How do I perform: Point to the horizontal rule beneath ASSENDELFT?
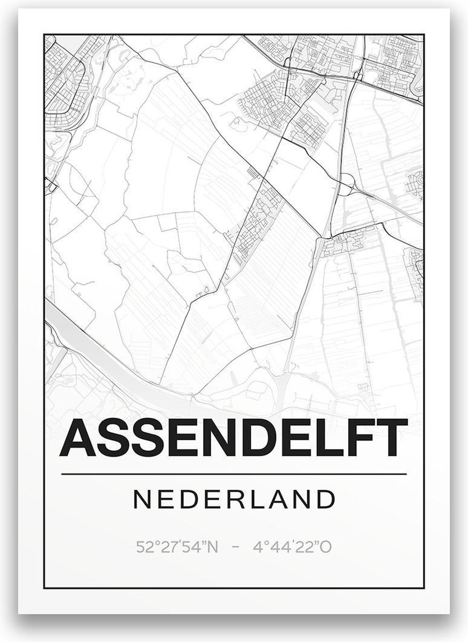coord(234,474)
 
